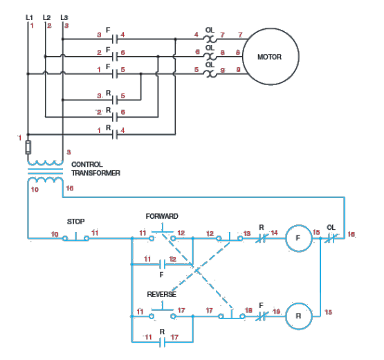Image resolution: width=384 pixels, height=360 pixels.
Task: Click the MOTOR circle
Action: point(268,56)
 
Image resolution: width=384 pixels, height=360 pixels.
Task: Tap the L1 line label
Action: point(28,16)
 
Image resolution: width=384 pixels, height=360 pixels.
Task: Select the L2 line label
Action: point(46,16)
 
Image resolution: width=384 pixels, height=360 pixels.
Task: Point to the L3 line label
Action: point(64,16)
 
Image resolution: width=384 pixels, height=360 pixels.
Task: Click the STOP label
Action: point(75,222)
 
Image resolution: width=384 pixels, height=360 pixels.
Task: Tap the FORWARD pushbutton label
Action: point(162,216)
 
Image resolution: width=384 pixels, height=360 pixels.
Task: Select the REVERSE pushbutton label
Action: point(161,294)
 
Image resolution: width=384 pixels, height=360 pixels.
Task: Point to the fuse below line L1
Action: point(28,146)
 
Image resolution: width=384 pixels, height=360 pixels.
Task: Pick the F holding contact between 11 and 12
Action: point(161,264)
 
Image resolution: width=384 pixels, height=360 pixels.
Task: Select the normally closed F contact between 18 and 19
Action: point(262,315)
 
